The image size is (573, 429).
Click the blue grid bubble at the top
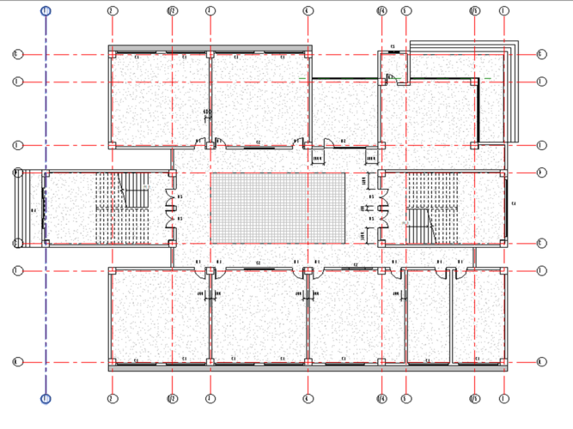[46, 11]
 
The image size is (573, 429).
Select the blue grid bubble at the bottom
[46, 398]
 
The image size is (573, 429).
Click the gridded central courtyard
[277, 208]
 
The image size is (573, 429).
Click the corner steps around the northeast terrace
[512, 90]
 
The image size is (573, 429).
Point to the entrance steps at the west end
[23, 208]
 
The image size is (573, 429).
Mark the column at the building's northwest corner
[112, 54]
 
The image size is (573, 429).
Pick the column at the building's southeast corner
[503, 362]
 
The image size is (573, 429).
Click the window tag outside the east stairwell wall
[513, 204]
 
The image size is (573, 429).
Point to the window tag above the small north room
[393, 45]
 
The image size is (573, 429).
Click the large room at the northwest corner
[160, 99]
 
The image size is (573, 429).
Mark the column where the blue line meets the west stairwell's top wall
[46, 173]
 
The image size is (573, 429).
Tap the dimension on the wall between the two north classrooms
[206, 112]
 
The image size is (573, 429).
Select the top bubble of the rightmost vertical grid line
[503, 11]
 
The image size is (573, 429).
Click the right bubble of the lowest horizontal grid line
[540, 362]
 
